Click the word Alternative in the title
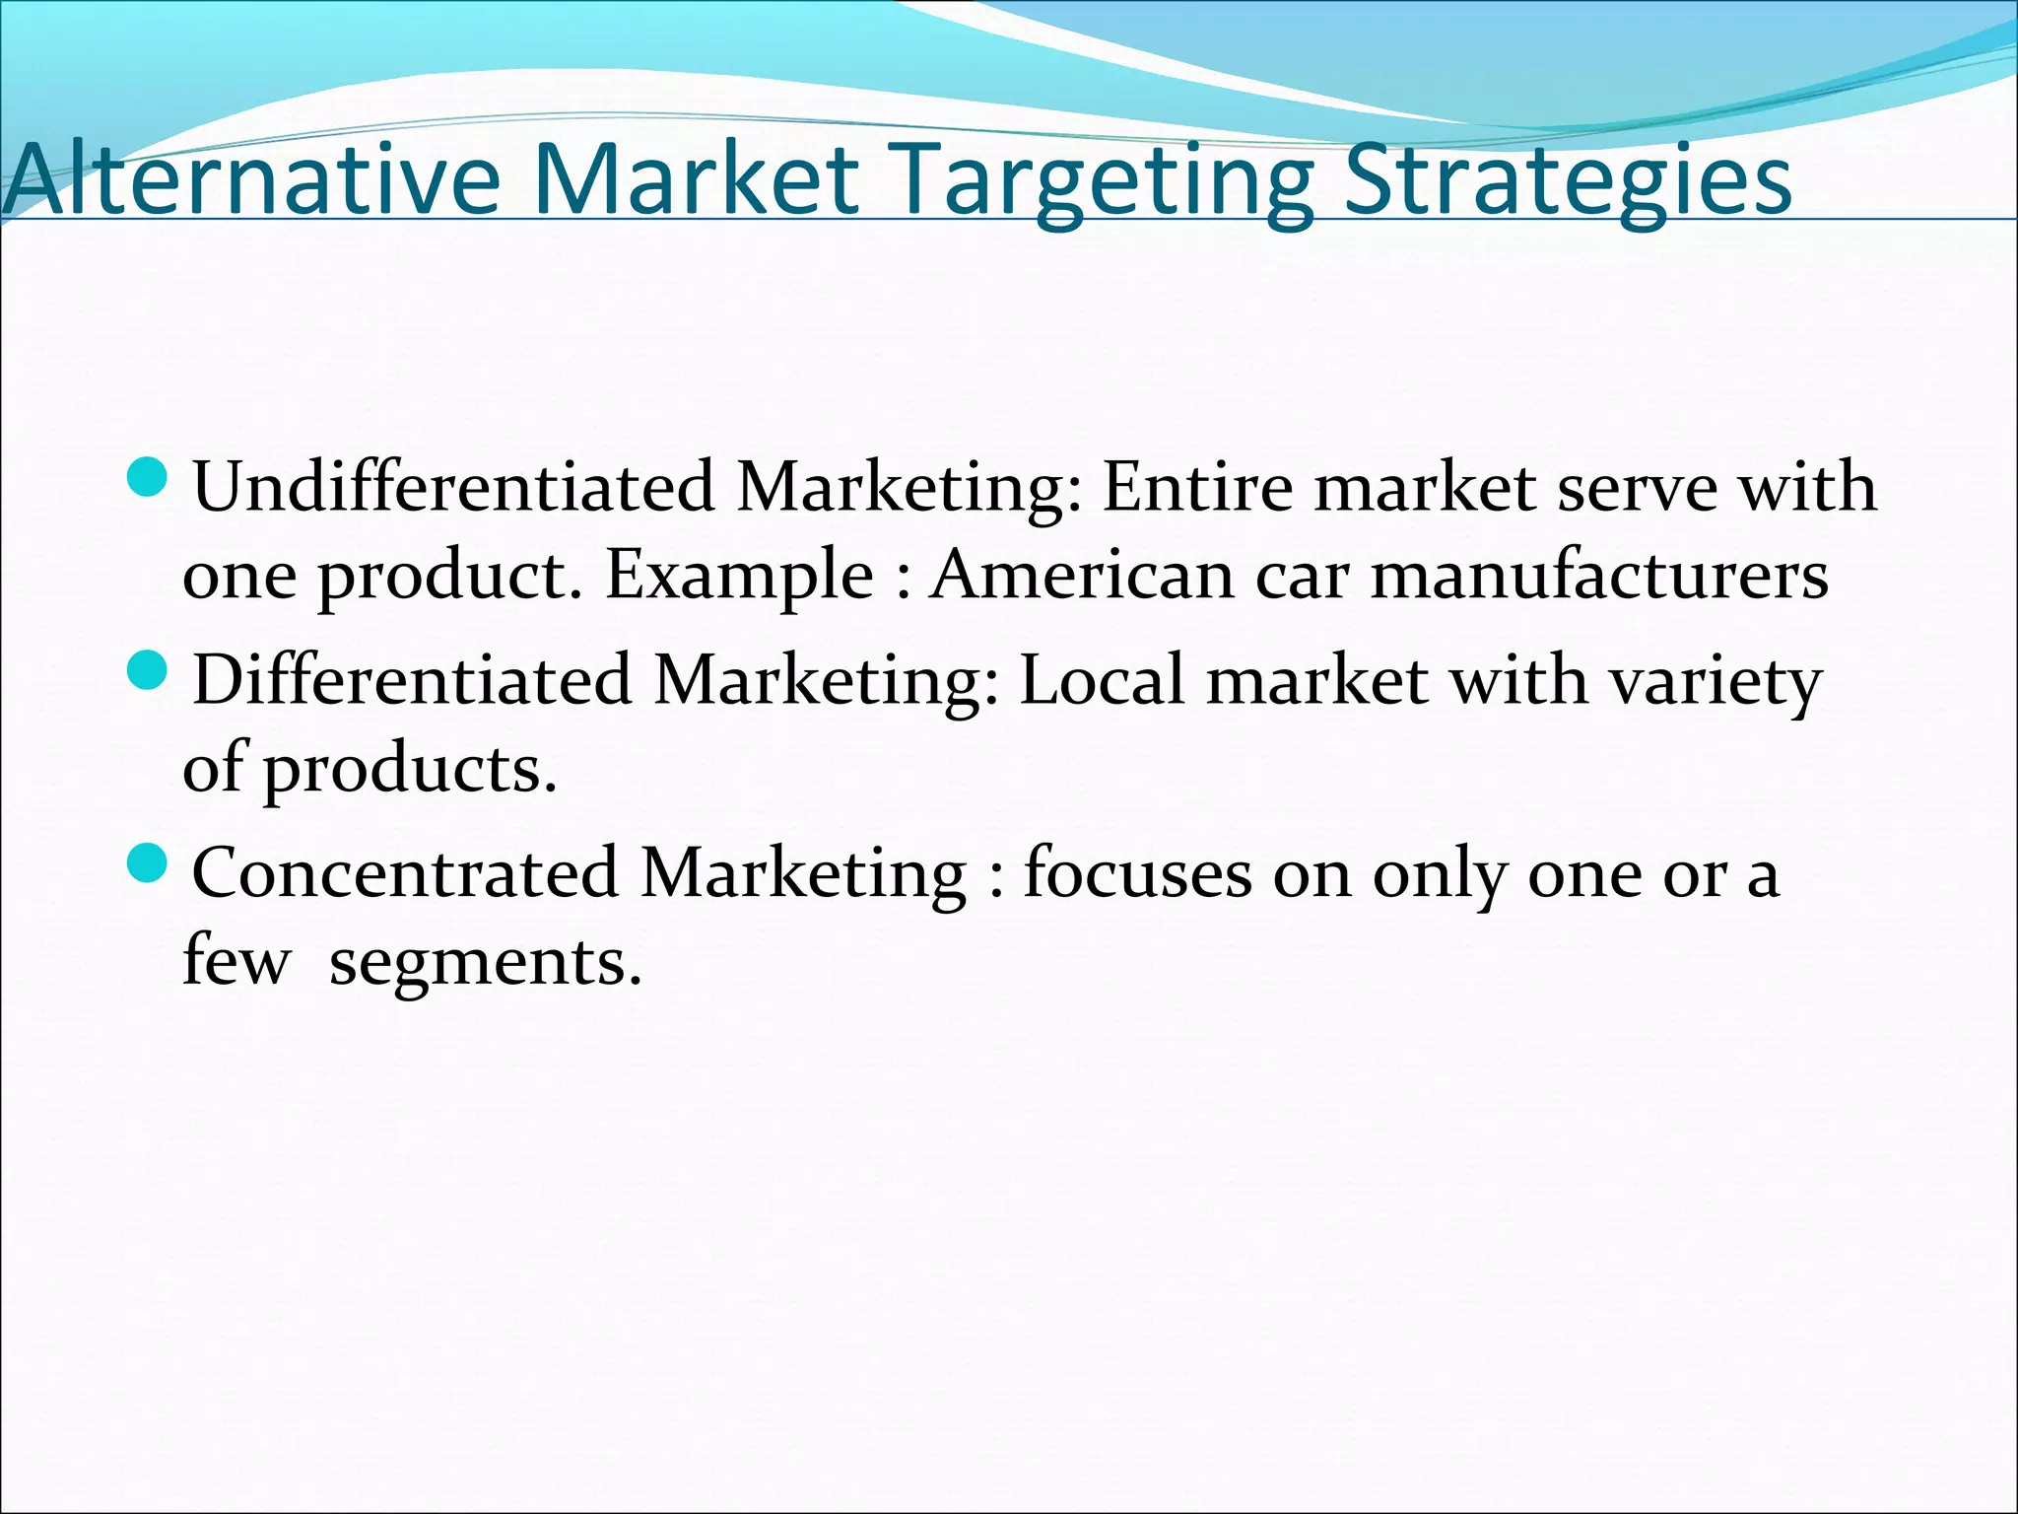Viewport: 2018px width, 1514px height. (252, 179)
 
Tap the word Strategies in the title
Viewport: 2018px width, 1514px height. (1568, 181)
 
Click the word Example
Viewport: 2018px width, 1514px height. (739, 576)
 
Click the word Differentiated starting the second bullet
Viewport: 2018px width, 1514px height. (411, 679)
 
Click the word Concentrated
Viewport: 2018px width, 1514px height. (405, 872)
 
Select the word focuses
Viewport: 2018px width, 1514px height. (1137, 872)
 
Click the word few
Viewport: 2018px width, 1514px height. (236, 959)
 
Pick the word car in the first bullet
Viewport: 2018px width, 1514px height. (1301, 576)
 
